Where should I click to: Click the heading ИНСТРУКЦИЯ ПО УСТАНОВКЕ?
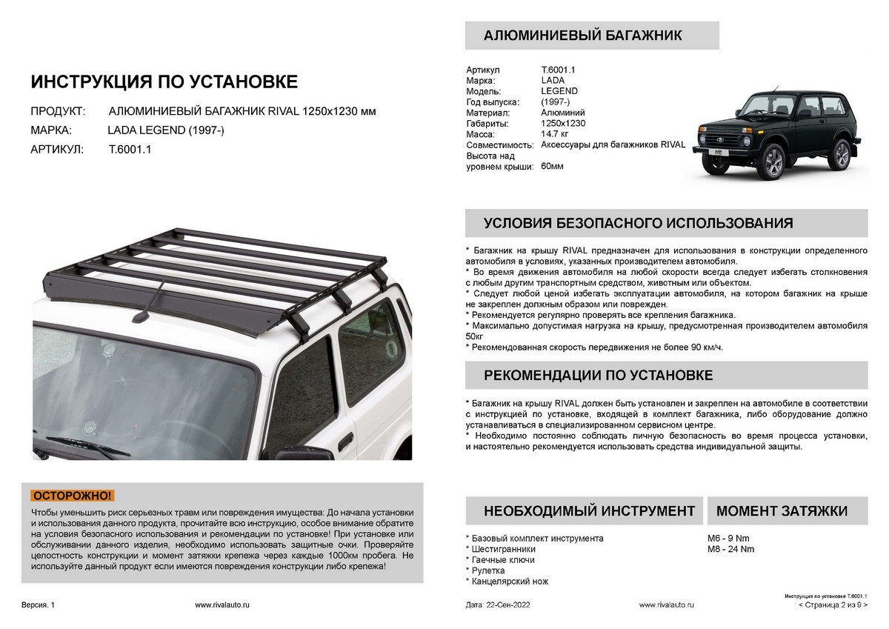point(164,81)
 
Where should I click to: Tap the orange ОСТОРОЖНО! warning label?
point(73,496)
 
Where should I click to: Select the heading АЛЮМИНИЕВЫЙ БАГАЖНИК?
point(582,36)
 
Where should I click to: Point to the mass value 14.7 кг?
point(554,134)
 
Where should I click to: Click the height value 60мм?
point(552,166)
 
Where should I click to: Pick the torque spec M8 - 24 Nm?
point(731,549)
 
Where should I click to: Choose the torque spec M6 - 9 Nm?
point(729,538)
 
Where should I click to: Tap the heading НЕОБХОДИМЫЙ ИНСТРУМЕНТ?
point(589,510)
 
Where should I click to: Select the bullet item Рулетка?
point(488,571)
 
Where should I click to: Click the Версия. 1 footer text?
point(38,605)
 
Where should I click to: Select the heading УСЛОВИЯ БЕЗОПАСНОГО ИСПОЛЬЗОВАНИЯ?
point(638,224)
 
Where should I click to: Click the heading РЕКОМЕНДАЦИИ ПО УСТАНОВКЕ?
point(598,375)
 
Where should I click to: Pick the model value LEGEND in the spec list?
point(559,91)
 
